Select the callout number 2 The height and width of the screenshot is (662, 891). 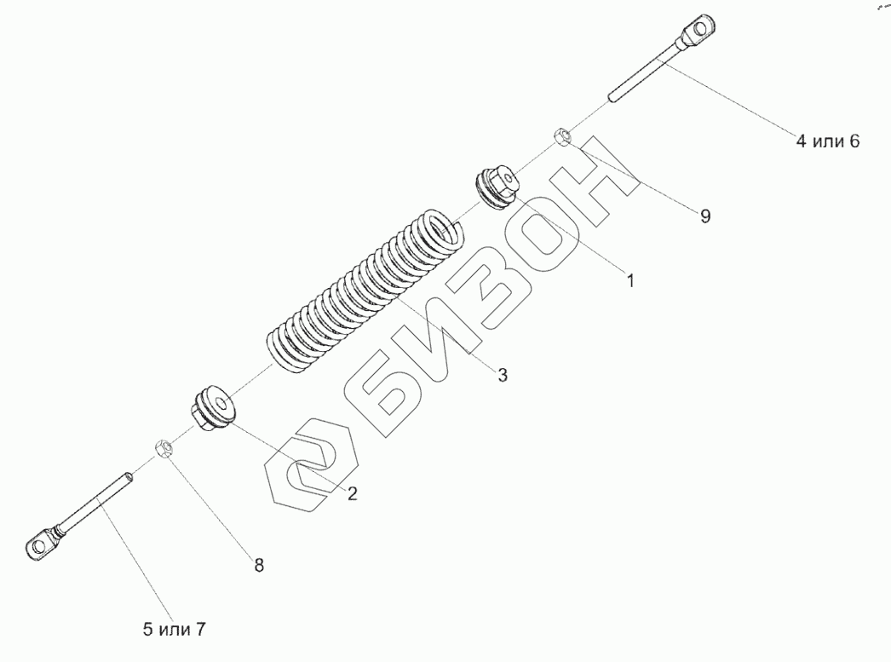[351, 493]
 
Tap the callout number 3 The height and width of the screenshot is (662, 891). [503, 374]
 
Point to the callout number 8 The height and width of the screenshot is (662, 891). [260, 564]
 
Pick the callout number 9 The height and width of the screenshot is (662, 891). [705, 216]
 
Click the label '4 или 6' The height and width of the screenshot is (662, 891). [828, 141]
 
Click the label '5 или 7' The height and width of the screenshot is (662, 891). [174, 630]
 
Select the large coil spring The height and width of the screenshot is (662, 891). [366, 290]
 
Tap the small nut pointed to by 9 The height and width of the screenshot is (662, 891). [562, 135]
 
